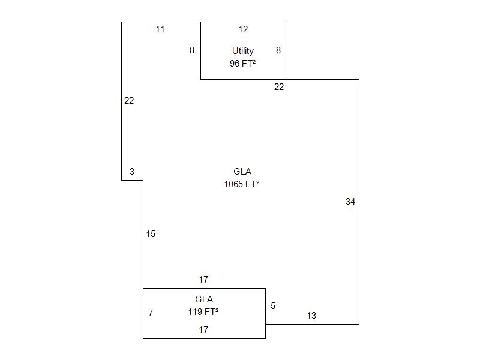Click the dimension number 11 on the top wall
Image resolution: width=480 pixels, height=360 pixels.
coord(160,29)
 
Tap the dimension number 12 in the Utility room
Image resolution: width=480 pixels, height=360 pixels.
coord(243,29)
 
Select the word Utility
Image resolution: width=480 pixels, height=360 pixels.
coord(243,51)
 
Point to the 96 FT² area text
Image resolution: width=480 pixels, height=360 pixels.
coord(243,64)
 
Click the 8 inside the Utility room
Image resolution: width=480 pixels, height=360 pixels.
coord(278,50)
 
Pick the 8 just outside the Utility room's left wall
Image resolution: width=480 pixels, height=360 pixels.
coord(192,50)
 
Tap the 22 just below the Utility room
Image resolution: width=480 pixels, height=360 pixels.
coord(279,87)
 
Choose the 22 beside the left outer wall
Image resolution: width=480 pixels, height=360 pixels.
coord(129,101)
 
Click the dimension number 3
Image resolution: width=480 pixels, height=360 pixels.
coord(132,172)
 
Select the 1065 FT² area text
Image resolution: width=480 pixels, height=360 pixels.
coord(242,184)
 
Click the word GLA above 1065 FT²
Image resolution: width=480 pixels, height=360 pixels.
coord(242,172)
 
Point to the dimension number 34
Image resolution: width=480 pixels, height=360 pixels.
coord(350,202)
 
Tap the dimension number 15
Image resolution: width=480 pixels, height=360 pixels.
coord(151,234)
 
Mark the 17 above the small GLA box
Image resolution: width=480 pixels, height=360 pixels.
coord(203,280)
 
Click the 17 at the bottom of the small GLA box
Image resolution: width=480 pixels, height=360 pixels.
coord(203,330)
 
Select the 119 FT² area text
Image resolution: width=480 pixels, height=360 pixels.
coord(203,312)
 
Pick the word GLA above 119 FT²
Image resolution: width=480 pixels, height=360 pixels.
coord(204,299)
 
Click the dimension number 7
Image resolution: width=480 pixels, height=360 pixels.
coord(151,313)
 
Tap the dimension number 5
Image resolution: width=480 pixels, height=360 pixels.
coord(273,306)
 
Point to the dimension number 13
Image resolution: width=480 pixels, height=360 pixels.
coord(311,316)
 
